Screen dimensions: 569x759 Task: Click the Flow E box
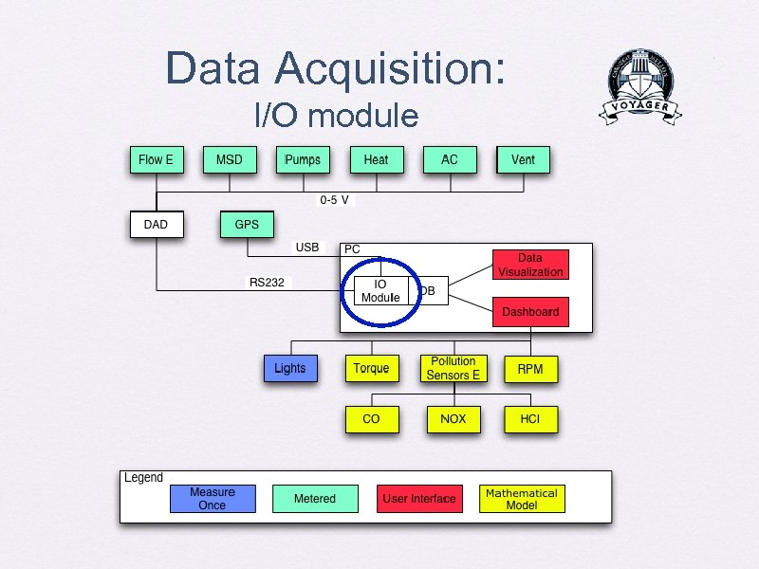(x=156, y=160)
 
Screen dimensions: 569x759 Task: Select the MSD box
(x=229, y=160)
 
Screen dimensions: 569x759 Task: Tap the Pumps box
(x=303, y=160)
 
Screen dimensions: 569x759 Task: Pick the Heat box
(x=376, y=160)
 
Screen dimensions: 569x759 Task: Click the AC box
(x=450, y=160)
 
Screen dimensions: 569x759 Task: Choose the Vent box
(x=523, y=160)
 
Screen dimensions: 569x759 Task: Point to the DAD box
(x=156, y=225)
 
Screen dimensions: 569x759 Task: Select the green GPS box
(x=247, y=225)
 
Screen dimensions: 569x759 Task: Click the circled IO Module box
(x=380, y=291)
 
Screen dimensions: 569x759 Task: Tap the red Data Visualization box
(x=530, y=265)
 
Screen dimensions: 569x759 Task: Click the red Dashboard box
(x=530, y=312)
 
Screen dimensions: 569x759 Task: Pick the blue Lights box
(x=290, y=368)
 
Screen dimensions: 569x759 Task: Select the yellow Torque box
(x=371, y=368)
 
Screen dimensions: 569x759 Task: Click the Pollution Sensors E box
(x=454, y=368)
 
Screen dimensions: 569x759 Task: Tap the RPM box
(x=530, y=368)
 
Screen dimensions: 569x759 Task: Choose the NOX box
(x=454, y=418)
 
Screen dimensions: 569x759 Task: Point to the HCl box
(x=530, y=418)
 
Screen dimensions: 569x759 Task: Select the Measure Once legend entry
(x=213, y=499)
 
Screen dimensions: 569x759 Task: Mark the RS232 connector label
(x=267, y=283)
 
